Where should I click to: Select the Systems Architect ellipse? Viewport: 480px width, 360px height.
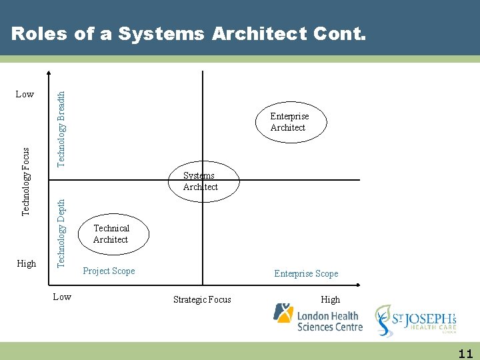tap(200, 181)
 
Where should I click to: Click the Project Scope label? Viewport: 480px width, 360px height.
tap(109, 271)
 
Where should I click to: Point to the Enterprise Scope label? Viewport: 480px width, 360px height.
tap(306, 273)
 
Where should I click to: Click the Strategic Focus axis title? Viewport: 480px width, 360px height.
tap(202, 299)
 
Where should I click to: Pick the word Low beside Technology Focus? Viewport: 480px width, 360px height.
tap(25, 94)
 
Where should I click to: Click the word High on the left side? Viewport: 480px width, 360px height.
tap(26, 263)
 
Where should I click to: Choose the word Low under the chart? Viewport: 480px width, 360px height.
tap(62, 297)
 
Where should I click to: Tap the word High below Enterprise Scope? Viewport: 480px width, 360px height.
tap(330, 299)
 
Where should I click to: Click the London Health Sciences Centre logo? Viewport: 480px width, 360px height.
tap(318, 318)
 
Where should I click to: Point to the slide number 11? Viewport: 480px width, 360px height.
tap(465, 353)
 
